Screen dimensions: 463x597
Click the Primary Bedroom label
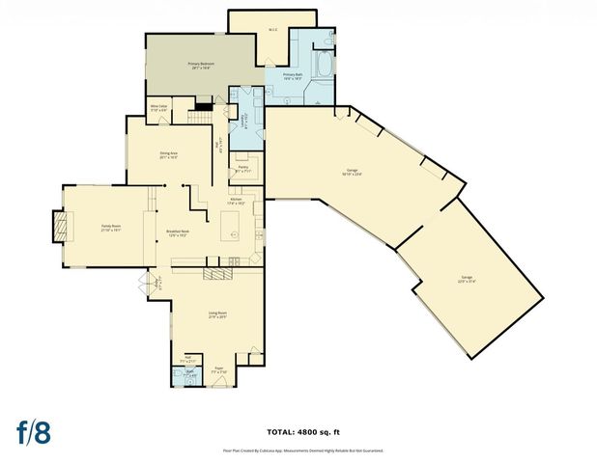200,66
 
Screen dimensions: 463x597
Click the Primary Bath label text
294,77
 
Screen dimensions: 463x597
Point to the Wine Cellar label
159,108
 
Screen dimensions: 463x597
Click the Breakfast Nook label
177,233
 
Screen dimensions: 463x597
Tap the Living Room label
217,314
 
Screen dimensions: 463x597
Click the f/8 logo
33,433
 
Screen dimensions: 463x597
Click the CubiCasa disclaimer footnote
298,450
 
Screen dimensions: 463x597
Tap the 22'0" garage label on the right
467,279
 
